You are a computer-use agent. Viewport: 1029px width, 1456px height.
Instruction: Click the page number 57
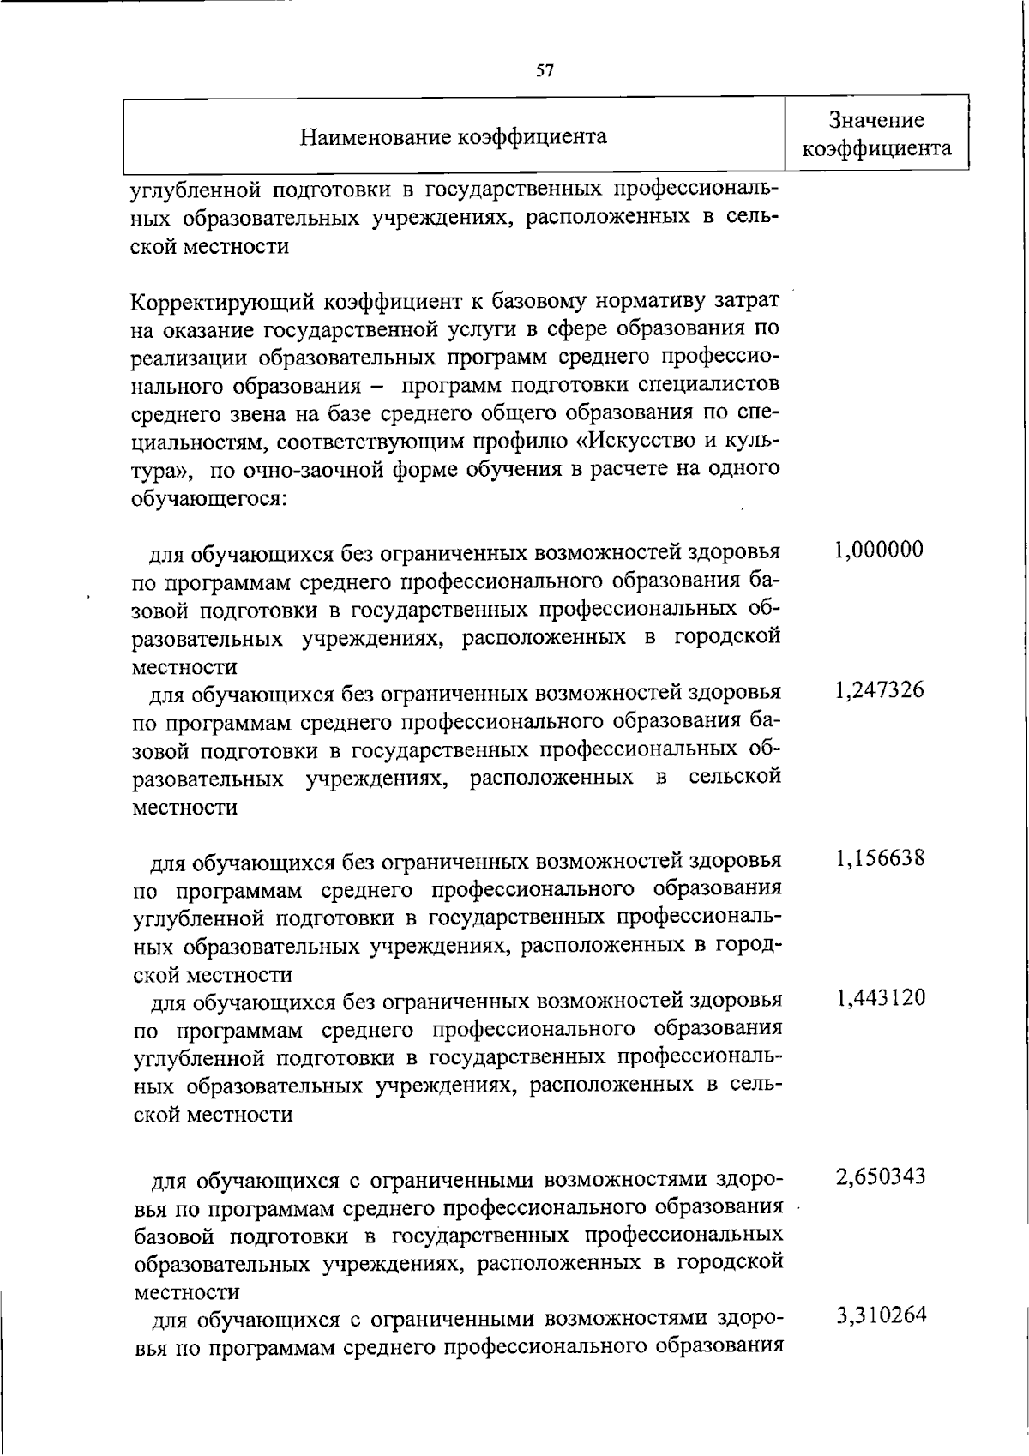pyautogui.click(x=545, y=71)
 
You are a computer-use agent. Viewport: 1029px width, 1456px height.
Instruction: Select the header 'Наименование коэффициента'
pyautogui.click(x=454, y=136)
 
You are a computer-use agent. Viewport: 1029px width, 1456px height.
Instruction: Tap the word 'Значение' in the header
pyautogui.click(x=876, y=120)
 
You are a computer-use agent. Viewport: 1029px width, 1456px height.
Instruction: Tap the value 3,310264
pyautogui.click(x=881, y=1316)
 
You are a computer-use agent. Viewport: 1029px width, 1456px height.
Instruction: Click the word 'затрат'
pyautogui.click(x=749, y=302)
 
